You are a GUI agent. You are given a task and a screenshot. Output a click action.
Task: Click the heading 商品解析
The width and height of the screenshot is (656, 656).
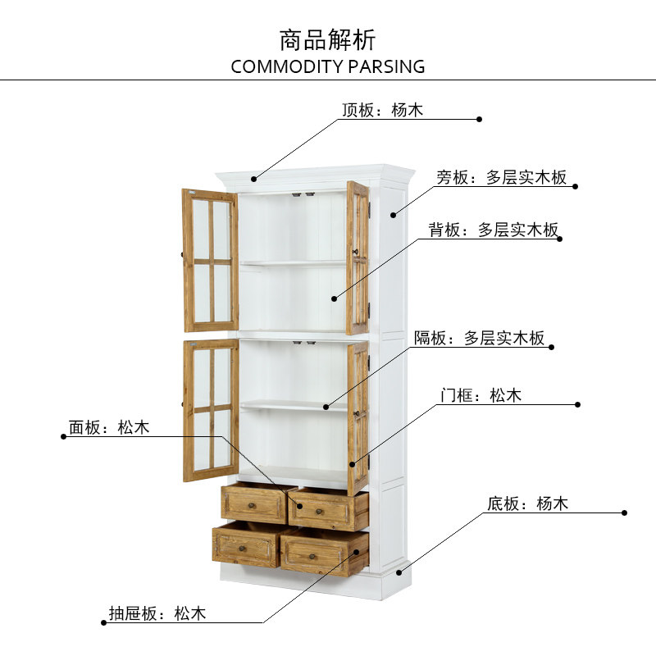tap(327, 39)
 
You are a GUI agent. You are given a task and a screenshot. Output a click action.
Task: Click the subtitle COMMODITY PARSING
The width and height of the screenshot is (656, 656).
tap(328, 66)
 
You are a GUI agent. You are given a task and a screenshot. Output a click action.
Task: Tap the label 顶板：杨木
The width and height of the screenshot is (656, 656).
tap(382, 110)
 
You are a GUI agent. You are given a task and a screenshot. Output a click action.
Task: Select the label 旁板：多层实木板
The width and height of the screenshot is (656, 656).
tap(501, 177)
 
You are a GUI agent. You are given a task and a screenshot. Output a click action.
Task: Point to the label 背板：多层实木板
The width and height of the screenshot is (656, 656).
tap(494, 230)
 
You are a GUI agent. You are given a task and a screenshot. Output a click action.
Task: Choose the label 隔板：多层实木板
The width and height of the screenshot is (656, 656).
tap(480, 338)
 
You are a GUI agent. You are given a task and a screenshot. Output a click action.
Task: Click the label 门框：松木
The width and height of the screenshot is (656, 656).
tap(481, 395)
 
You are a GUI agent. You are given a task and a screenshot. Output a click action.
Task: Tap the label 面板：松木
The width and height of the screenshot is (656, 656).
tap(109, 427)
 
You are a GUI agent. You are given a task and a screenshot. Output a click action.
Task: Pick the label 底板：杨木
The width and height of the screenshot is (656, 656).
tap(528, 503)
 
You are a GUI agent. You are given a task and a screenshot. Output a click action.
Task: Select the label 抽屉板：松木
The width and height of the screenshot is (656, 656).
tap(157, 613)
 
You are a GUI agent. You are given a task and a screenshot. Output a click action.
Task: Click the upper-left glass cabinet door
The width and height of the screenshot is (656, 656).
tap(211, 260)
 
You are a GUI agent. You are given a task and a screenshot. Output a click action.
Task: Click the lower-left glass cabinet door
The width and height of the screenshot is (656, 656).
tap(211, 410)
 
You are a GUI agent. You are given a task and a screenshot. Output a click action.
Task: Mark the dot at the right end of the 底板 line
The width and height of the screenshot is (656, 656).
tap(625, 513)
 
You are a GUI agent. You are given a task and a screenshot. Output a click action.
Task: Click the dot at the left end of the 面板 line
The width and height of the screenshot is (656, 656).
tap(63, 436)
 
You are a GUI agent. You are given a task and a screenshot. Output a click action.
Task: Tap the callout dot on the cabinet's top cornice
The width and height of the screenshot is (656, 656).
tap(254, 178)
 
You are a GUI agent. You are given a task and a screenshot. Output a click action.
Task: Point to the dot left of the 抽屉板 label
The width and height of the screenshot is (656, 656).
tap(103, 623)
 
